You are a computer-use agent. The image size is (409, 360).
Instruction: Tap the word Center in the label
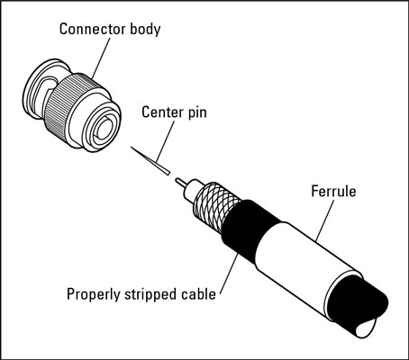coord(162,112)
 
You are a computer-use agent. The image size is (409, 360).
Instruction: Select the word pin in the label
coord(197,113)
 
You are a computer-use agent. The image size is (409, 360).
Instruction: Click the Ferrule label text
coord(333,192)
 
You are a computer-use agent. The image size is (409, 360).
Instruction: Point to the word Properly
coord(93,294)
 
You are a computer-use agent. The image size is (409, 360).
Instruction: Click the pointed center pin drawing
coord(150,160)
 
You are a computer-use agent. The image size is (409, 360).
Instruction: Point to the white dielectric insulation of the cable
coord(193,188)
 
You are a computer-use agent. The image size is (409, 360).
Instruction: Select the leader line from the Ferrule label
coord(325,220)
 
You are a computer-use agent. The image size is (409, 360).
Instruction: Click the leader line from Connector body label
coord(100,58)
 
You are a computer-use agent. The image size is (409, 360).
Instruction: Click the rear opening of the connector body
coord(103,129)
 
